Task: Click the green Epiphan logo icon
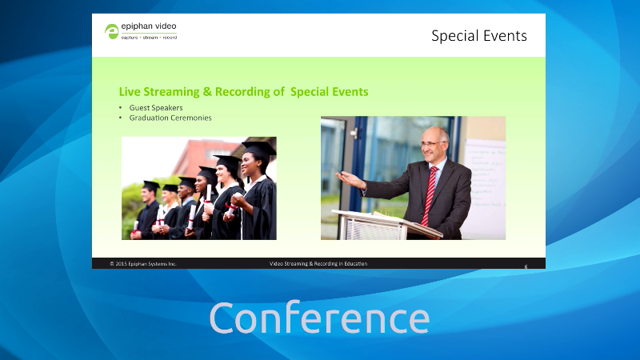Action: click(111, 31)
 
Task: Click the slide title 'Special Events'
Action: click(478, 36)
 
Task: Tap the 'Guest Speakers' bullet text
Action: click(156, 108)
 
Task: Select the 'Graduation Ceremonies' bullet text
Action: click(170, 118)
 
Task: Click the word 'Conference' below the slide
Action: click(319, 318)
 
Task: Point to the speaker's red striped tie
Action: click(429, 195)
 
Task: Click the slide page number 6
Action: click(526, 266)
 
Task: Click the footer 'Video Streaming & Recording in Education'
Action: click(318, 264)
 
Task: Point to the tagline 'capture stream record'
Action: click(149, 37)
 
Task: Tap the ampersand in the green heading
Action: click(207, 92)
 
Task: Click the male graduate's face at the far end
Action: click(147, 195)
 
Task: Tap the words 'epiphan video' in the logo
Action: click(149, 26)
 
